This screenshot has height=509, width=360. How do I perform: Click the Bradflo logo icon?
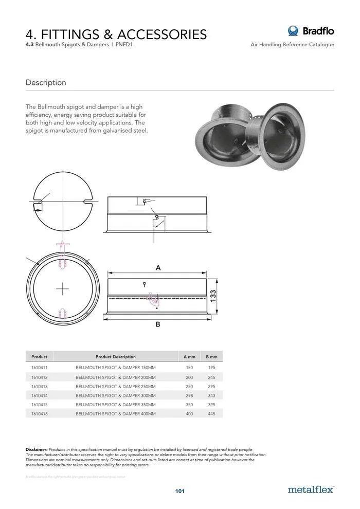pos(293,31)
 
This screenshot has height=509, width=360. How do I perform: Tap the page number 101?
pos(179,491)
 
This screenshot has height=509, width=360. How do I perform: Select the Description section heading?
pos(46,82)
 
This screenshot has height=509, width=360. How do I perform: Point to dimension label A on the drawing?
pos(158,268)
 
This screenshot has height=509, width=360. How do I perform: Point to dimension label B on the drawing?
pos(158,324)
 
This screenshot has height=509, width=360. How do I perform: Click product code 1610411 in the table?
pos(39,368)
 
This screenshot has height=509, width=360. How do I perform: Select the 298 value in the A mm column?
pos(189,395)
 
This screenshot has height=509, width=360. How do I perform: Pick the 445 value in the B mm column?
pos(211,413)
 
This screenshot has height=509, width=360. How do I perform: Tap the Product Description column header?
pos(116,356)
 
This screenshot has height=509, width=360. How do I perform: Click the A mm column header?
pos(189,356)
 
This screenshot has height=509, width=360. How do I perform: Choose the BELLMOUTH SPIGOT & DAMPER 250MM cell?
pos(116,386)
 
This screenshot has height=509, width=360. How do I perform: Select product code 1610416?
pos(39,413)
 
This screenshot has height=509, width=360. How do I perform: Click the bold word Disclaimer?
pos(37,449)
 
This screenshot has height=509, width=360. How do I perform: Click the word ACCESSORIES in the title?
pos(162,34)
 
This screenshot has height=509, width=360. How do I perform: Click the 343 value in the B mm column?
pos(211,395)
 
